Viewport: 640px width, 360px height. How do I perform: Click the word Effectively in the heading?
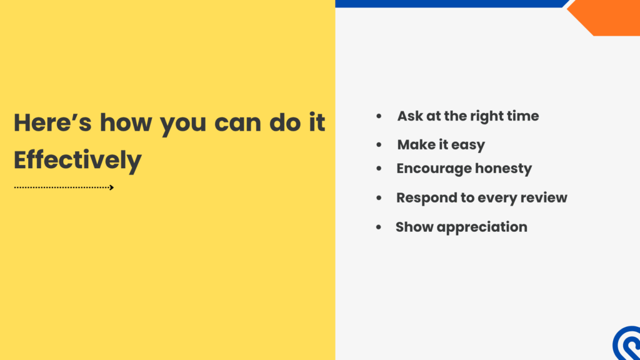[77, 160]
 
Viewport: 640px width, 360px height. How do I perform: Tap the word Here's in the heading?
[52, 122]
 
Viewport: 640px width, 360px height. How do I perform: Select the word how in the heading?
[126, 122]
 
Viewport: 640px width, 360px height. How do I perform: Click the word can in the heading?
[237, 123]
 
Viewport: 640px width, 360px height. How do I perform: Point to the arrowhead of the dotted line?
[111, 187]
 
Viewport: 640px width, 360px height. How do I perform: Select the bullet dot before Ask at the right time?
[379, 116]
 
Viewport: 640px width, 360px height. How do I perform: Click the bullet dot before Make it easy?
[379, 145]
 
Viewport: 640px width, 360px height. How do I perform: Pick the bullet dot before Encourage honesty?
[379, 169]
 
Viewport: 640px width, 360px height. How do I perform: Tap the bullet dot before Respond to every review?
[379, 198]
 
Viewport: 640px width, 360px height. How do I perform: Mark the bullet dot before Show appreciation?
[378, 227]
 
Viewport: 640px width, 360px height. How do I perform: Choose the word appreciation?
[482, 227]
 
